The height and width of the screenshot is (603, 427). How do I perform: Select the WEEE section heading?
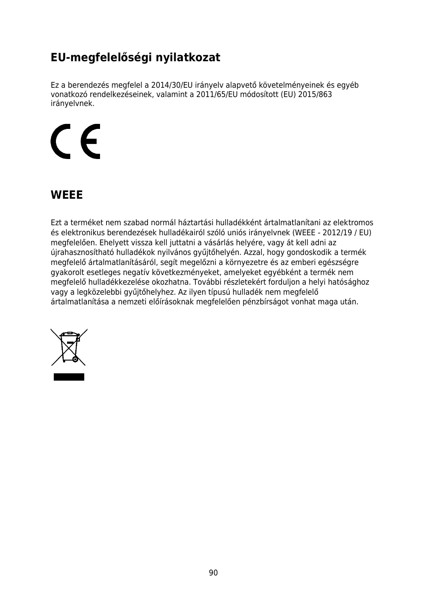point(67,195)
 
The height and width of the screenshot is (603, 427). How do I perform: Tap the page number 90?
point(213,573)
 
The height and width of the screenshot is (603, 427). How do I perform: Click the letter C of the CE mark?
point(61,141)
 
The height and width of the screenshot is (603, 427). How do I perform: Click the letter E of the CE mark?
point(90,141)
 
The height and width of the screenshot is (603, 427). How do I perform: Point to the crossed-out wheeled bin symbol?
point(69,347)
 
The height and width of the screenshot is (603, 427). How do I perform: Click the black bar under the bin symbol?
point(69,377)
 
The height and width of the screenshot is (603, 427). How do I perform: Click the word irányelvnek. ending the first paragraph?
point(73,104)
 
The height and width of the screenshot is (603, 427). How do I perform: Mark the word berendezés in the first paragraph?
point(88,86)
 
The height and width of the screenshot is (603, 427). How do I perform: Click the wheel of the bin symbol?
point(75,359)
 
